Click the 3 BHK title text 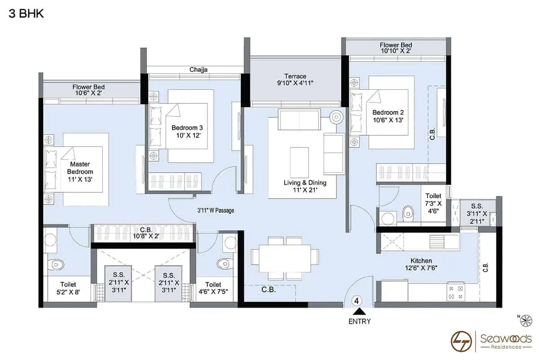[x=26, y=13]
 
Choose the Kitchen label [x=421, y=264]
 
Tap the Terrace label [x=295, y=79]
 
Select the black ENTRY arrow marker [x=359, y=311]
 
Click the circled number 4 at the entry [x=357, y=300]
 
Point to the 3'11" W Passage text [x=216, y=210]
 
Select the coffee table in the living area [x=299, y=162]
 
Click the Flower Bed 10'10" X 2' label [x=396, y=48]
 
